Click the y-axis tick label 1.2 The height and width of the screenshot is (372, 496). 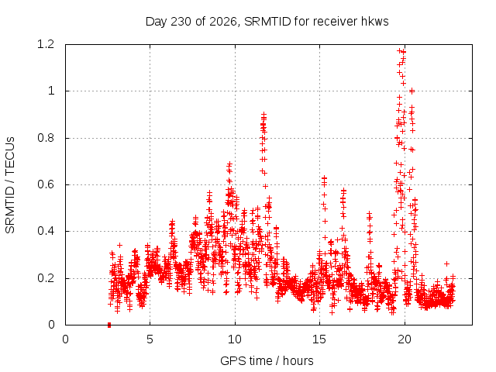pyautogui.click(x=46, y=44)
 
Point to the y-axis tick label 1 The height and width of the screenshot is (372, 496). pyautogui.click(x=51, y=91)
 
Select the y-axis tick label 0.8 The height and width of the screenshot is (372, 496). pyautogui.click(x=46, y=138)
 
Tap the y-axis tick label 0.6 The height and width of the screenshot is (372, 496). pyautogui.click(x=46, y=184)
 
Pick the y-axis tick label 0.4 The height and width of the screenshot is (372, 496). pyautogui.click(x=46, y=231)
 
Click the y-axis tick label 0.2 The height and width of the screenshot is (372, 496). pyautogui.click(x=46, y=278)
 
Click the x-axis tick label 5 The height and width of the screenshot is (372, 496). pyautogui.click(x=150, y=339)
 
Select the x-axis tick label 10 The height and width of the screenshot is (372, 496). pyautogui.click(x=235, y=339)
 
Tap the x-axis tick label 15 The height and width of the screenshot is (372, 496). pyautogui.click(x=319, y=339)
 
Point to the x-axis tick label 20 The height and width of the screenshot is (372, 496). pyautogui.click(x=405, y=339)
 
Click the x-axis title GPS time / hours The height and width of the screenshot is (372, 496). pyautogui.click(x=267, y=361)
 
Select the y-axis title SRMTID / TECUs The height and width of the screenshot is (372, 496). pyautogui.click(x=10, y=185)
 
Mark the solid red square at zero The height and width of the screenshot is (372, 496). pyautogui.click(x=109, y=325)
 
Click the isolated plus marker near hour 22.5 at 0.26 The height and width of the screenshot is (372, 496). pyautogui.click(x=446, y=263)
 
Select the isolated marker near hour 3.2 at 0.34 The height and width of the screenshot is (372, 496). pyautogui.click(x=119, y=245)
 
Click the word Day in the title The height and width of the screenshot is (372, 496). pyautogui.click(x=156, y=22)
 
